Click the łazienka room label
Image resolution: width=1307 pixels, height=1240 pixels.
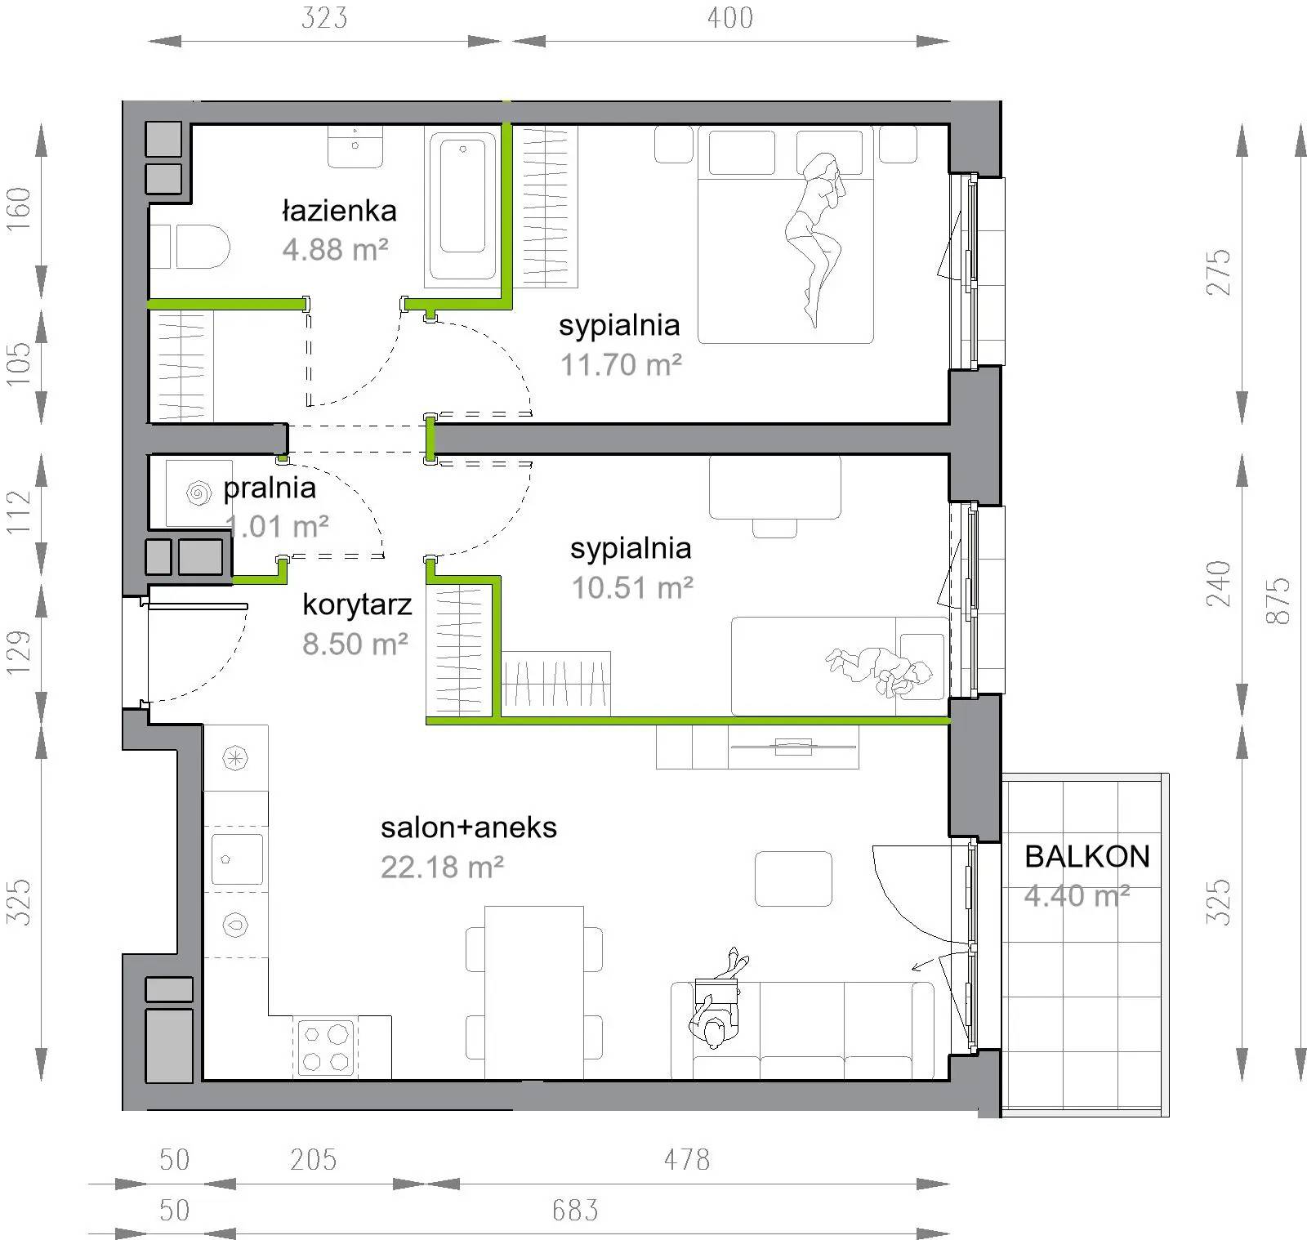(x=339, y=211)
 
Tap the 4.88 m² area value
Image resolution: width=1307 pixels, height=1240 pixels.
(x=335, y=249)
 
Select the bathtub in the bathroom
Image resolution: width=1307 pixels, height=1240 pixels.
(x=462, y=204)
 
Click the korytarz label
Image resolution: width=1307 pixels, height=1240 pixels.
(x=357, y=605)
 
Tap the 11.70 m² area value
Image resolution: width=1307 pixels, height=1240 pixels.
(x=621, y=364)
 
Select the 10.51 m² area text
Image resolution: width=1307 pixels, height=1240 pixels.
(x=632, y=587)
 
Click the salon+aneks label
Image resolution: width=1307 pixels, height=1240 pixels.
(x=469, y=827)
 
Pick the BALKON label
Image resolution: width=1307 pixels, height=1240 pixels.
(x=1087, y=856)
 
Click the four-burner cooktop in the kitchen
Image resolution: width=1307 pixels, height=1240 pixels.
(x=326, y=1047)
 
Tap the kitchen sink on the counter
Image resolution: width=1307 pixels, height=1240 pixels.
(x=236, y=859)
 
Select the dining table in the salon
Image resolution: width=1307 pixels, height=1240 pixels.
(x=534, y=992)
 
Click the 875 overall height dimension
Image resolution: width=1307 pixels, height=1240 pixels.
(x=1278, y=601)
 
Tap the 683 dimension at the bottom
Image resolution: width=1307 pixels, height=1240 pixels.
(x=575, y=1210)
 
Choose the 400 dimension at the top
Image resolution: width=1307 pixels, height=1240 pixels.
(x=730, y=18)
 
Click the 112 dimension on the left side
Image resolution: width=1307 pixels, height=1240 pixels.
(x=19, y=511)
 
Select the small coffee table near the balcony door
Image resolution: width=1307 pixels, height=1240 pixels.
(x=793, y=879)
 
